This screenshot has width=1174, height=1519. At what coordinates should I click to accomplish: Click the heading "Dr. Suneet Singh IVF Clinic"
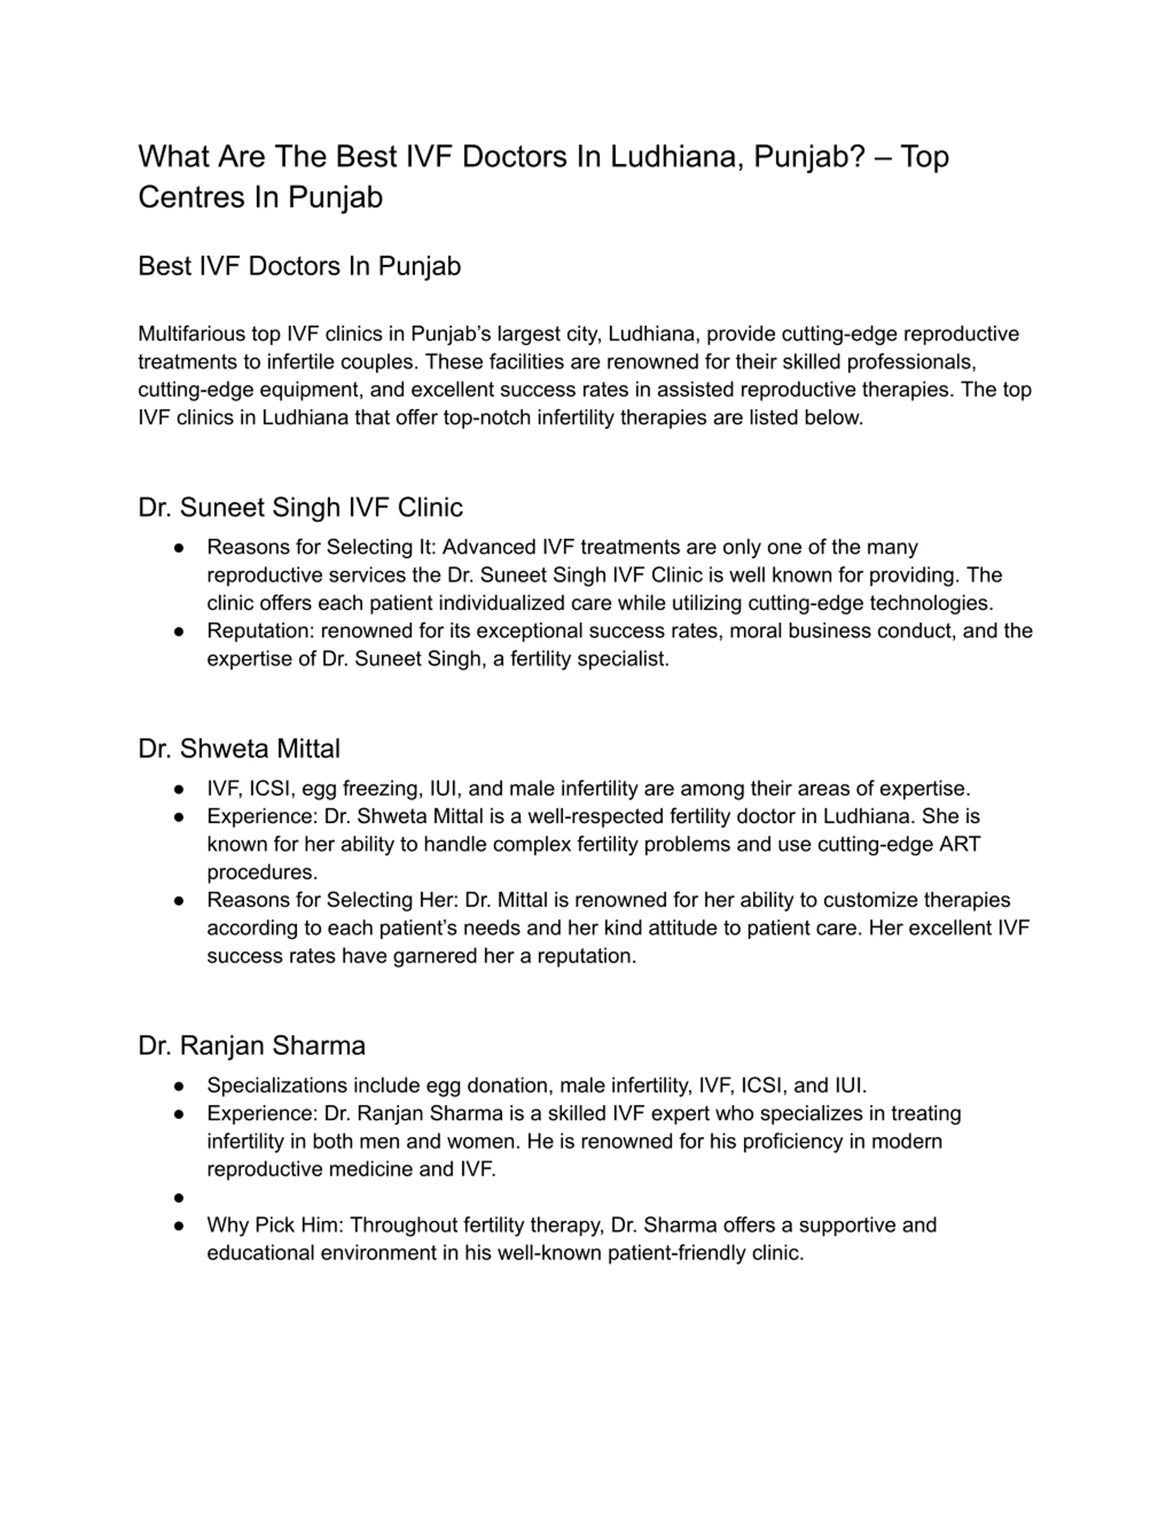coord(300,507)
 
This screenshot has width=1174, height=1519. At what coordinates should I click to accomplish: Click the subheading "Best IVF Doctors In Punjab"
coord(299,265)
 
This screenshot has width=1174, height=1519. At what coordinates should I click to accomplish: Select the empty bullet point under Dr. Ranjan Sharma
coord(179,1198)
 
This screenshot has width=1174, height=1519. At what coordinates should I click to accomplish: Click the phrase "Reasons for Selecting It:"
coord(321,547)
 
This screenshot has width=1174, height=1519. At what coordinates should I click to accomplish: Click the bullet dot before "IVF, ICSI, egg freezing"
coord(179,790)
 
